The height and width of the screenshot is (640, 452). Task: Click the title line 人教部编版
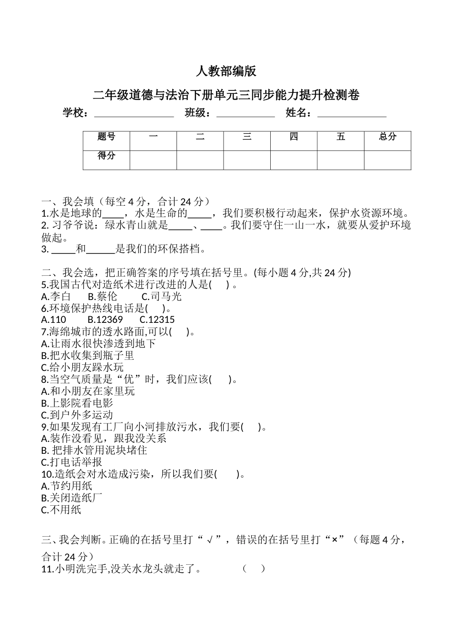[226, 71]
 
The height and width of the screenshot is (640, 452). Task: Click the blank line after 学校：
[134, 114]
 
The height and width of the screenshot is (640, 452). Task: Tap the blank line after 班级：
[246, 114]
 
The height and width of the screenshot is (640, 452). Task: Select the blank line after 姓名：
[352, 114]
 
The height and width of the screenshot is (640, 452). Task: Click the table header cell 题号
[106, 137]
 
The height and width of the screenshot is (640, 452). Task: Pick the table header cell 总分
[387, 137]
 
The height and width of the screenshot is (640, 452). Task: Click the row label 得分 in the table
[106, 156]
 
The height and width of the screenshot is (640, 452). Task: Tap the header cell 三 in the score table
[247, 137]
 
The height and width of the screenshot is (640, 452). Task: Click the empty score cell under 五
[341, 160]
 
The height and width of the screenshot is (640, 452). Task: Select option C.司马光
[162, 296]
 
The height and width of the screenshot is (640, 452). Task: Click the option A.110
[54, 320]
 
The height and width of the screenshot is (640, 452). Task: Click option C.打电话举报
[72, 462]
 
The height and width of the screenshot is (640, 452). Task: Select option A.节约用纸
[67, 486]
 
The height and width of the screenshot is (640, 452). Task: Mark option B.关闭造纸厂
[72, 498]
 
